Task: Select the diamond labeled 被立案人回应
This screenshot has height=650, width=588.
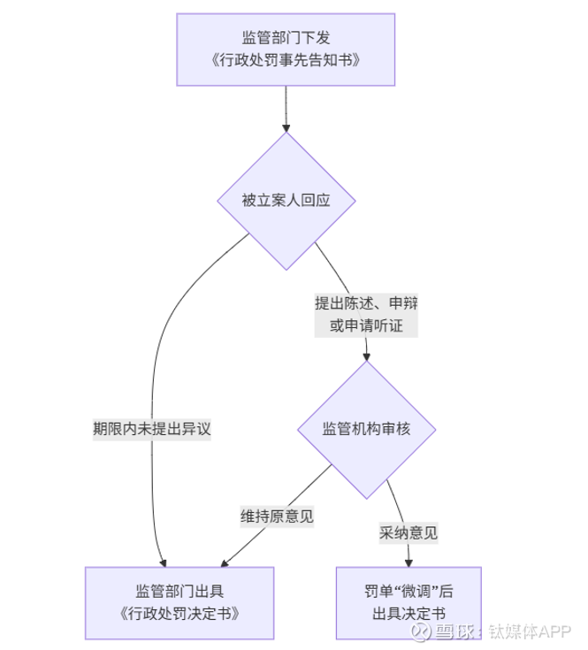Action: click(x=286, y=201)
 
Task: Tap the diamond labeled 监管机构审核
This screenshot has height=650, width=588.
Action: click(x=365, y=428)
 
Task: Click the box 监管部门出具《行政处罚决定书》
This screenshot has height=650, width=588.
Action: click(x=179, y=602)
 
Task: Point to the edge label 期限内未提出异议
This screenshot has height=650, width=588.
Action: click(x=153, y=428)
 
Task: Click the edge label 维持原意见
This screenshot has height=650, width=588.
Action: click(x=277, y=516)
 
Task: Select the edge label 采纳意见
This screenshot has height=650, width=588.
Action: click(x=409, y=532)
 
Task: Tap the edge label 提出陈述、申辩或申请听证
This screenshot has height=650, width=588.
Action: click(x=366, y=314)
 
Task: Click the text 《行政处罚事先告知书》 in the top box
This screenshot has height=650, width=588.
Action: click(x=286, y=60)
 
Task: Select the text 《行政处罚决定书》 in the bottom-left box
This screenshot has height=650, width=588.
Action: click(x=179, y=614)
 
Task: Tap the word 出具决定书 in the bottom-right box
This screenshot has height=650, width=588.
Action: click(x=409, y=614)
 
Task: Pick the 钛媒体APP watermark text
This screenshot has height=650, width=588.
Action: click(x=528, y=631)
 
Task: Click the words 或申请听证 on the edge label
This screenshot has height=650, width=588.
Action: click(x=366, y=325)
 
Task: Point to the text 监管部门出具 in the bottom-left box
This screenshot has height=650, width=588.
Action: click(x=179, y=591)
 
